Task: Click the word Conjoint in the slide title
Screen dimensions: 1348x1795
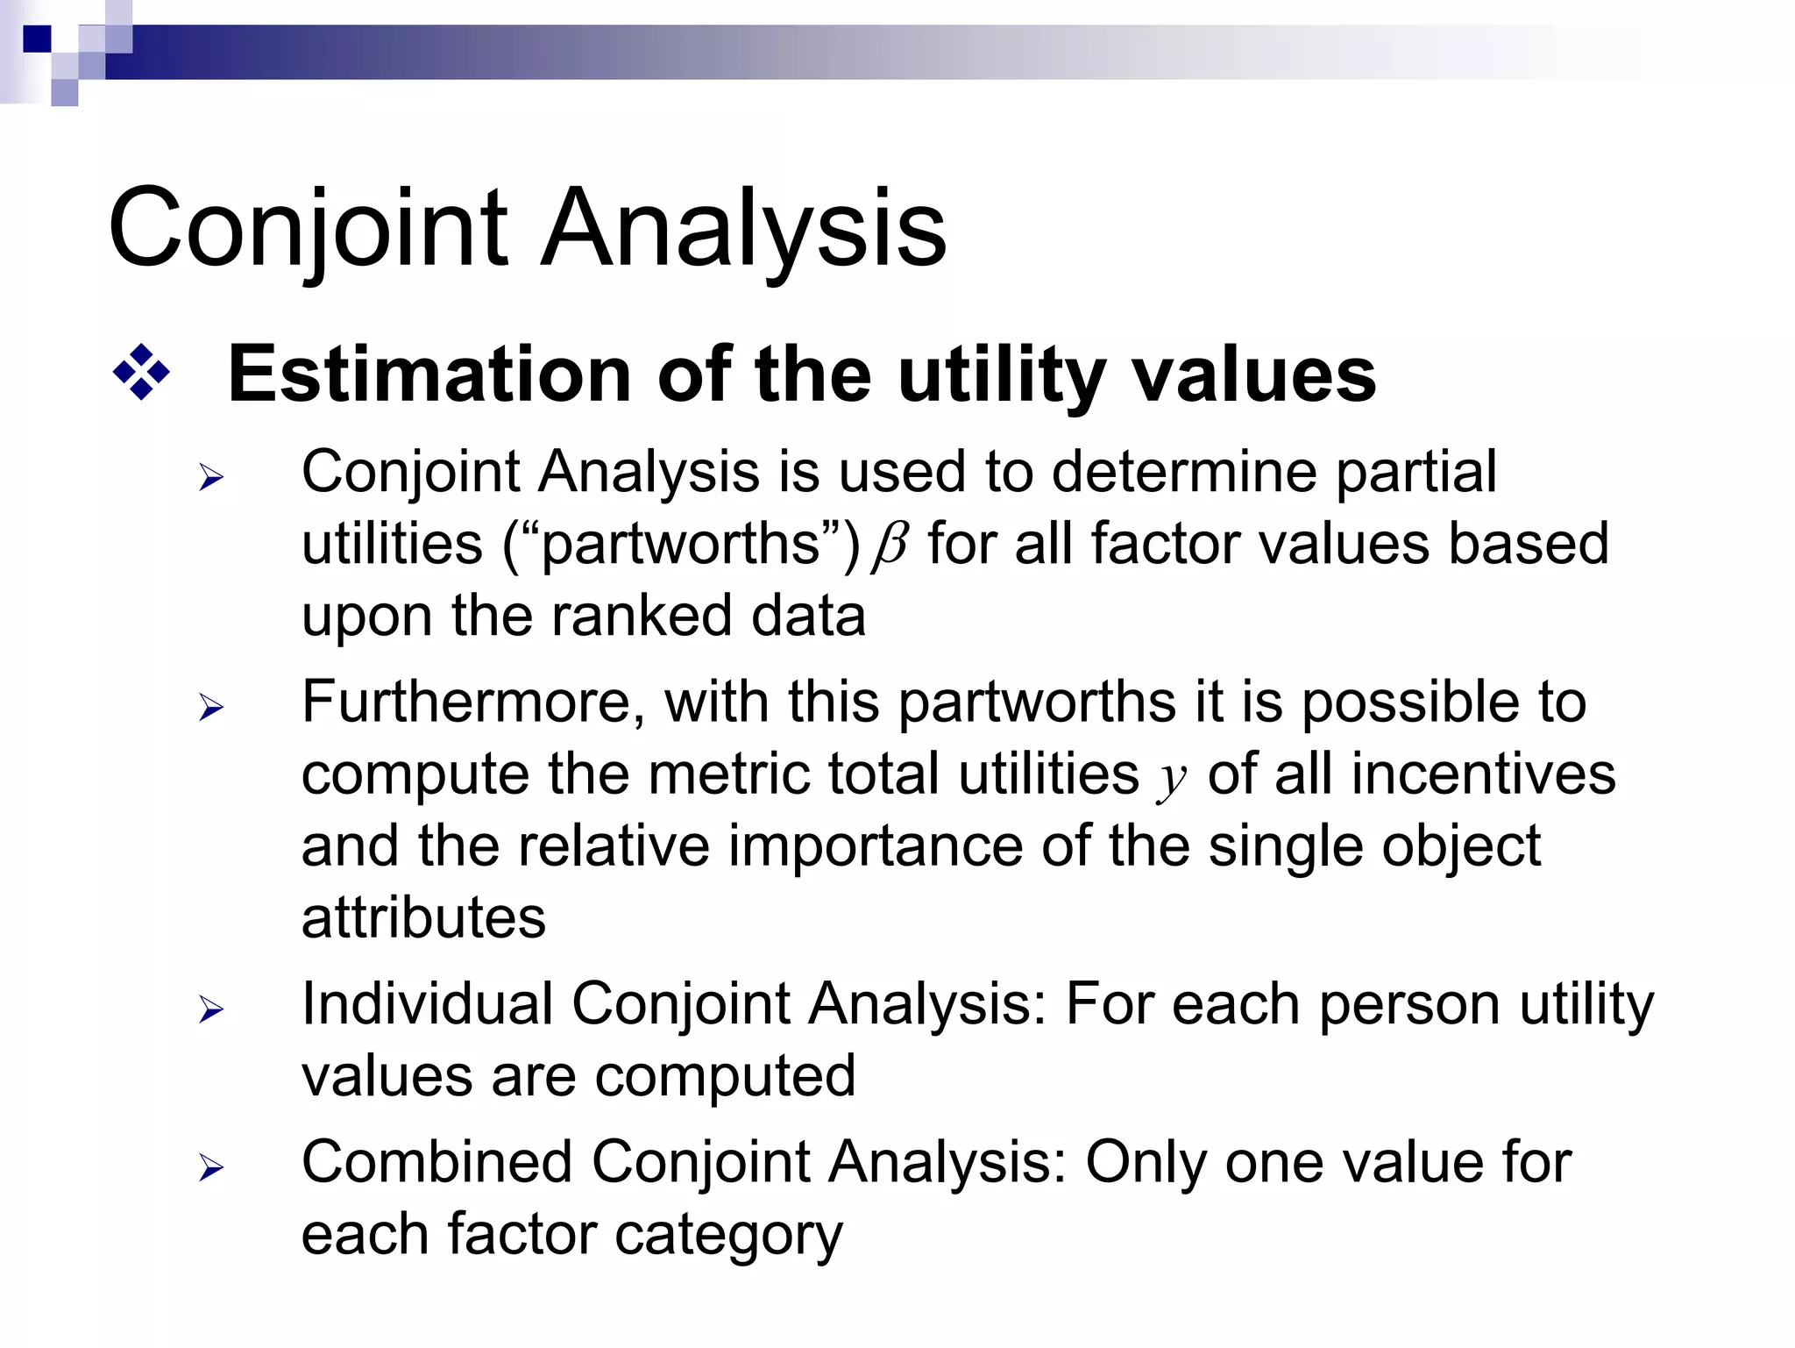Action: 309,230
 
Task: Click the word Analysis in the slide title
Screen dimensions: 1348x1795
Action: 743,230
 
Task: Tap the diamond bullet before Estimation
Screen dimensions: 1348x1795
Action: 141,373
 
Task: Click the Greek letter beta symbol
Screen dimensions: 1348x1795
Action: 890,546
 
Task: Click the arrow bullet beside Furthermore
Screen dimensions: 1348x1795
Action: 211,706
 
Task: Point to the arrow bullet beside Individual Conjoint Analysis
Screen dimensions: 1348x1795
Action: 211,1009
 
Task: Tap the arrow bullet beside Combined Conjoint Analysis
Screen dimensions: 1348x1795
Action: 211,1167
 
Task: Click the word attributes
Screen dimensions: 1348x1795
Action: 423,918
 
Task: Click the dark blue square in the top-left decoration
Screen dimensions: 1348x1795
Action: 37,39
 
